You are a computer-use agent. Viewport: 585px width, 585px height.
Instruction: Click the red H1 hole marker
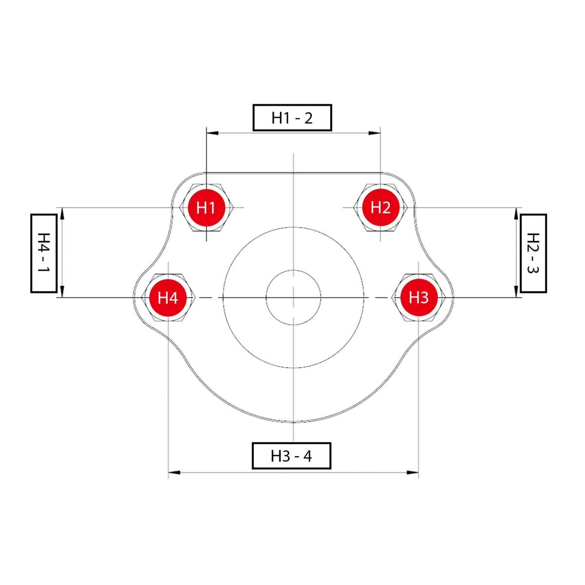(x=206, y=208)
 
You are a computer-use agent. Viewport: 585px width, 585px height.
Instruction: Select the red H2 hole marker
(x=380, y=208)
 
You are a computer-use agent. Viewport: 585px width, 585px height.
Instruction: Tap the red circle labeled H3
(x=419, y=297)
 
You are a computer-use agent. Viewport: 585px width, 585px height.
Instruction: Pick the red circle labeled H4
(x=168, y=297)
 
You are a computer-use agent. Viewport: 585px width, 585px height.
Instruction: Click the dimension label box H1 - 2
(x=292, y=118)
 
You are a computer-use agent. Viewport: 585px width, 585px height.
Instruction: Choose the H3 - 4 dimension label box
(x=292, y=456)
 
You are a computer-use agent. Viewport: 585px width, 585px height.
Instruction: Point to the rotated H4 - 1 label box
(x=44, y=253)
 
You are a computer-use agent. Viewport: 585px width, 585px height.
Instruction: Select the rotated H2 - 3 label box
(x=533, y=253)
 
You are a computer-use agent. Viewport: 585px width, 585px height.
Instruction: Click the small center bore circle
(x=293, y=270)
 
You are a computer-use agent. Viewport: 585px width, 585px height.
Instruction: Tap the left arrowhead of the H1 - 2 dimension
(x=212, y=133)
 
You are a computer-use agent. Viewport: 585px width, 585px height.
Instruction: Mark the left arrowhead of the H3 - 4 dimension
(x=174, y=473)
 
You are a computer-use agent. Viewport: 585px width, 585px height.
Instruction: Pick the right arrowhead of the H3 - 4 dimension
(x=412, y=473)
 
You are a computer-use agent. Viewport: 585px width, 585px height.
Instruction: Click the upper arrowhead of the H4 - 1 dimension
(x=62, y=214)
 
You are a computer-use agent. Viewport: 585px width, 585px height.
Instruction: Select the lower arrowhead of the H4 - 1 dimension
(x=62, y=292)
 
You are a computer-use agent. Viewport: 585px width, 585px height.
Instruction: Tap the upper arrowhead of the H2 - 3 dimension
(x=517, y=214)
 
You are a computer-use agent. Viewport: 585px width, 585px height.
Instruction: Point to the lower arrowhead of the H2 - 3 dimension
(x=517, y=292)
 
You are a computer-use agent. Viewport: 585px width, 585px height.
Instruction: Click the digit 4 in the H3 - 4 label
(x=308, y=456)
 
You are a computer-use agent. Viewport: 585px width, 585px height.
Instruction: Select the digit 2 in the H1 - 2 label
(x=308, y=118)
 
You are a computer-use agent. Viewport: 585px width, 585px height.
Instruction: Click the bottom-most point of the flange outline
(x=293, y=422)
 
